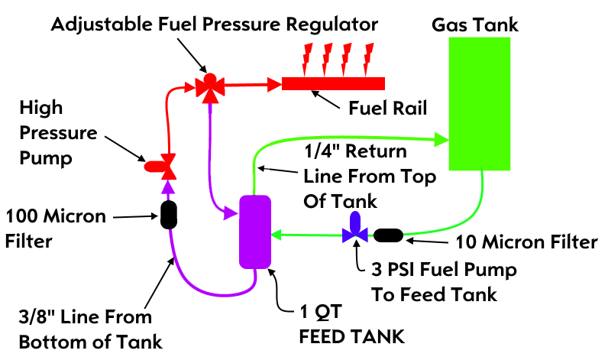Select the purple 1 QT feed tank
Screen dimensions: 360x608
pos(256,232)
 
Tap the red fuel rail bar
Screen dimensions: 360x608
pos(333,83)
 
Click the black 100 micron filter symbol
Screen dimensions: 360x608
pos(169,215)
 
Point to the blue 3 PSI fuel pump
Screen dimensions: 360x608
pos(355,228)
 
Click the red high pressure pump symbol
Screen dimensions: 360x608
pos(159,163)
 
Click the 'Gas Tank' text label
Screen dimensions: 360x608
pos(475,24)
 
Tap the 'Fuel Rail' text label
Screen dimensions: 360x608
pos(381,105)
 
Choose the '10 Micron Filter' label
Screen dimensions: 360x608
pos(526,243)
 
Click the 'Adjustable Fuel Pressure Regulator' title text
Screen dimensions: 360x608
pos(215,24)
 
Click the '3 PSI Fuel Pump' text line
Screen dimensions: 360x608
pos(444,270)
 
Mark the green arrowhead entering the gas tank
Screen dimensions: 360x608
pos(441,139)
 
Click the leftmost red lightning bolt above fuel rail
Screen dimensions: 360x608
pos(309,56)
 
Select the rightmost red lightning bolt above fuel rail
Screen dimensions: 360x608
pos(370,56)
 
